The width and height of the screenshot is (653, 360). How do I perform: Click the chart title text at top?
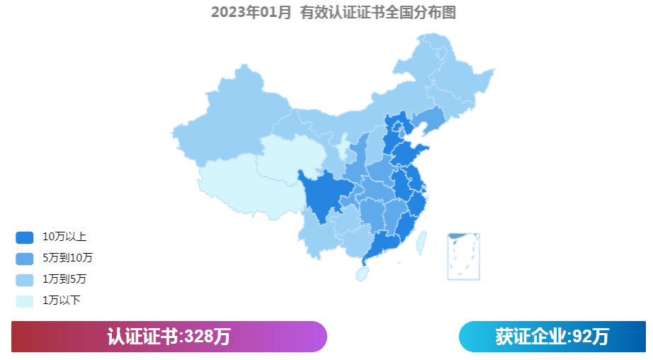(x=333, y=12)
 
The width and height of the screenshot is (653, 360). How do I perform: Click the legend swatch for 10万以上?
(x=24, y=237)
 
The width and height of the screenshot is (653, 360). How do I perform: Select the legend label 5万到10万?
(x=67, y=258)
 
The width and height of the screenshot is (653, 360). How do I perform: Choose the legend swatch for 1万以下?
(x=24, y=300)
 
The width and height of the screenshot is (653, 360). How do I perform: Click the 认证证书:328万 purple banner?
(x=169, y=337)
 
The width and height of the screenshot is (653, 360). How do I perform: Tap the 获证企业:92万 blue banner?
(x=552, y=337)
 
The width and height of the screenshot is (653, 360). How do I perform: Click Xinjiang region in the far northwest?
(x=227, y=120)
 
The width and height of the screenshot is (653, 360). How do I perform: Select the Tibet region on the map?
(x=241, y=184)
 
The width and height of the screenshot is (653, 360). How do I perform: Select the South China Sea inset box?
(x=463, y=256)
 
